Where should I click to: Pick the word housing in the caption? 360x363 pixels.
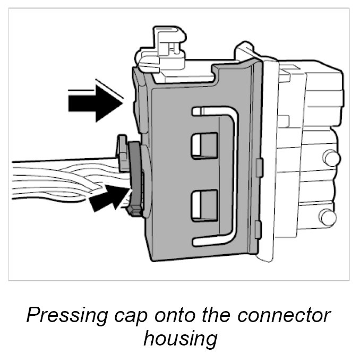click(181, 338)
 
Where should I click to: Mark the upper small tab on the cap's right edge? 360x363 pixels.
click(259, 165)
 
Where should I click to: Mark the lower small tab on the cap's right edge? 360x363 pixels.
click(258, 229)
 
